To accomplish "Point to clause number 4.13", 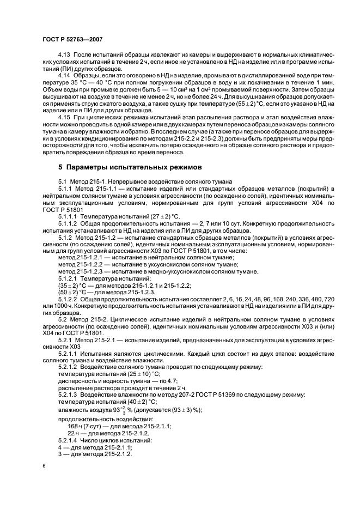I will pyautogui.click(x=65, y=56).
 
